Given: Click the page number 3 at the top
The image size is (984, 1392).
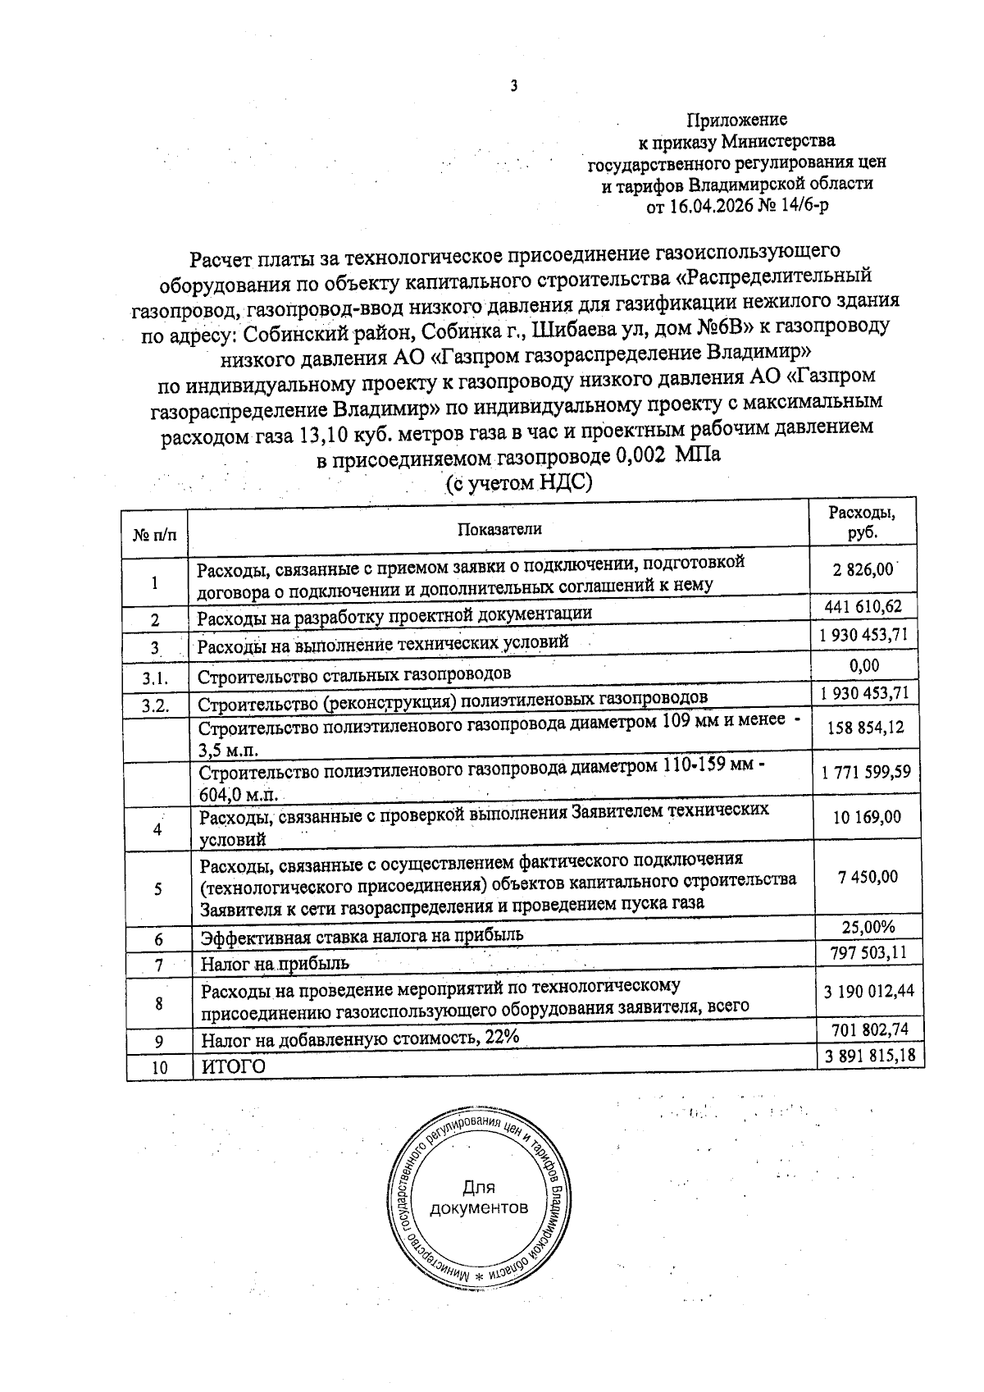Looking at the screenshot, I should coord(513,86).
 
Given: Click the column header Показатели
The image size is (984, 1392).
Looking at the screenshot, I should coord(499,529).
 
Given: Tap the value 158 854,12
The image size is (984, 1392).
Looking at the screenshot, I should coord(866,728).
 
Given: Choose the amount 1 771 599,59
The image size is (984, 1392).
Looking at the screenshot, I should coord(865,772).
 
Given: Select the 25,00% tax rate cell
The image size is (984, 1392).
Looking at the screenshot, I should coord(868,927).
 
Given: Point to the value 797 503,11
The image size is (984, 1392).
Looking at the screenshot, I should coord(867,952).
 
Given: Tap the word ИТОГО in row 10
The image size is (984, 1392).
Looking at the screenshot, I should coord(234,1066).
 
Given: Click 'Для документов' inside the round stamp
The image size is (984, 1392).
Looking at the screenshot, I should coord(479,1198).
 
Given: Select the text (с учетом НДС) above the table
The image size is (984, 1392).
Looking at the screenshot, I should coord(518,483).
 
